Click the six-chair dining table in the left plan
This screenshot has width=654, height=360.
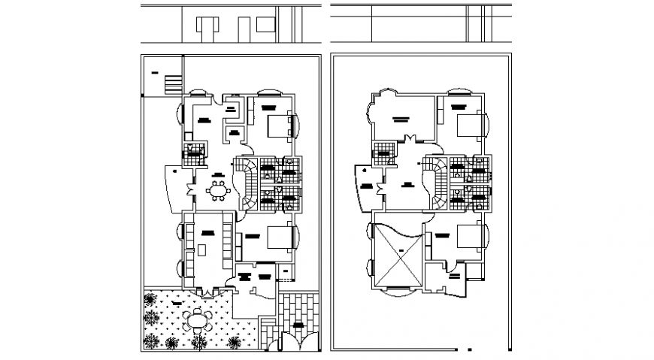[x=219, y=191]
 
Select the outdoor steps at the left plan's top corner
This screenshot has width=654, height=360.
[x=174, y=83]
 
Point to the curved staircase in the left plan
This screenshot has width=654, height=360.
[x=247, y=183]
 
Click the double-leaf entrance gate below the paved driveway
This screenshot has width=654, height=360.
[x=292, y=344]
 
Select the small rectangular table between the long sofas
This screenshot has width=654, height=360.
[x=202, y=250]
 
